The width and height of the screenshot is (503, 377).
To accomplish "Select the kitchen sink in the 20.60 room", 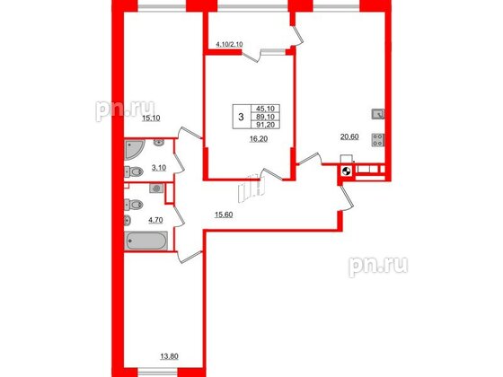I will coord(378,115).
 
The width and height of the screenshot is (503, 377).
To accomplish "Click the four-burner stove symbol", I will coord(378,140).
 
